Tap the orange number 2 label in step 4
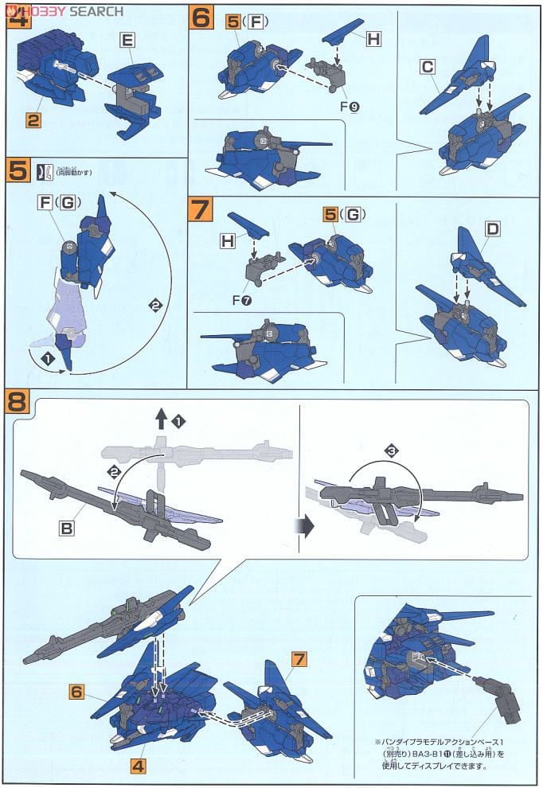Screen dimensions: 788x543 [x=33, y=122]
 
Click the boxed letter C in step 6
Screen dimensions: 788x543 [x=429, y=68]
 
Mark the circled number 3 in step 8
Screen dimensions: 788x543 [x=392, y=451]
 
